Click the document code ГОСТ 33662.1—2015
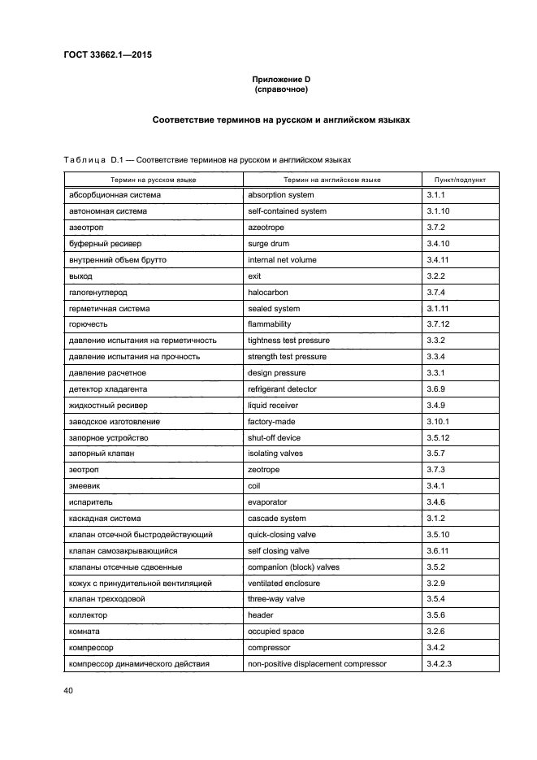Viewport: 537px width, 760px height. pyautogui.click(x=106, y=55)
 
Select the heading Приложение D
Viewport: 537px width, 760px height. pyautogui.click(x=280, y=79)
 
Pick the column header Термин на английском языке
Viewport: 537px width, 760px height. pyautogui.click(x=332, y=180)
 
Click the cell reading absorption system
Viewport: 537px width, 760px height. pyautogui.click(x=281, y=195)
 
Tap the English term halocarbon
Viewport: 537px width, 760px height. pyautogui.click(x=268, y=292)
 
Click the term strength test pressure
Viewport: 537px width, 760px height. pyautogui.click(x=287, y=357)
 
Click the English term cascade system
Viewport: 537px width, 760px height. pyautogui.click(x=277, y=519)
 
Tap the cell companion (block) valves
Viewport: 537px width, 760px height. pyautogui.click(x=292, y=567)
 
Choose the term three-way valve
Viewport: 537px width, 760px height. pyautogui.click(x=277, y=599)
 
